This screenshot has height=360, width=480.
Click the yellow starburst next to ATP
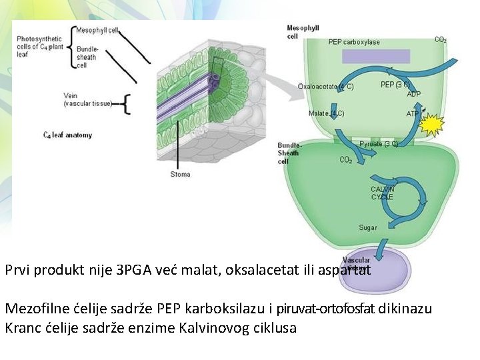[x=432, y=125]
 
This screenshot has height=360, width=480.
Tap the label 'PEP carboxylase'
[x=354, y=42]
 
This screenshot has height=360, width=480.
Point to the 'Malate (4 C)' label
[x=326, y=113]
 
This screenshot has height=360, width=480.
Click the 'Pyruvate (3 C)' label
[x=379, y=143]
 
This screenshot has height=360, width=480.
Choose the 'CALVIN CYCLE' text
[x=382, y=193]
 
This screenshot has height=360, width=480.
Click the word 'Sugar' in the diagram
[x=368, y=228]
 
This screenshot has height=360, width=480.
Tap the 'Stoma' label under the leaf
[x=180, y=175]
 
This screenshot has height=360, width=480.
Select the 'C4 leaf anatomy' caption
[x=67, y=135]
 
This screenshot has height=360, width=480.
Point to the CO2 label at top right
[x=441, y=40]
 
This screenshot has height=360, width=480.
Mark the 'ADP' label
[x=413, y=94]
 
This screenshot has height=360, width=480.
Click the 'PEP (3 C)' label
[x=395, y=85]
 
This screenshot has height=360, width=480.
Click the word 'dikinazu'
[x=406, y=309]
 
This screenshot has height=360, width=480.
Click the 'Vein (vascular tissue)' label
[x=87, y=100]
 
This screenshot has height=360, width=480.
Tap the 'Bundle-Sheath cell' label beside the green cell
[x=290, y=153]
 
